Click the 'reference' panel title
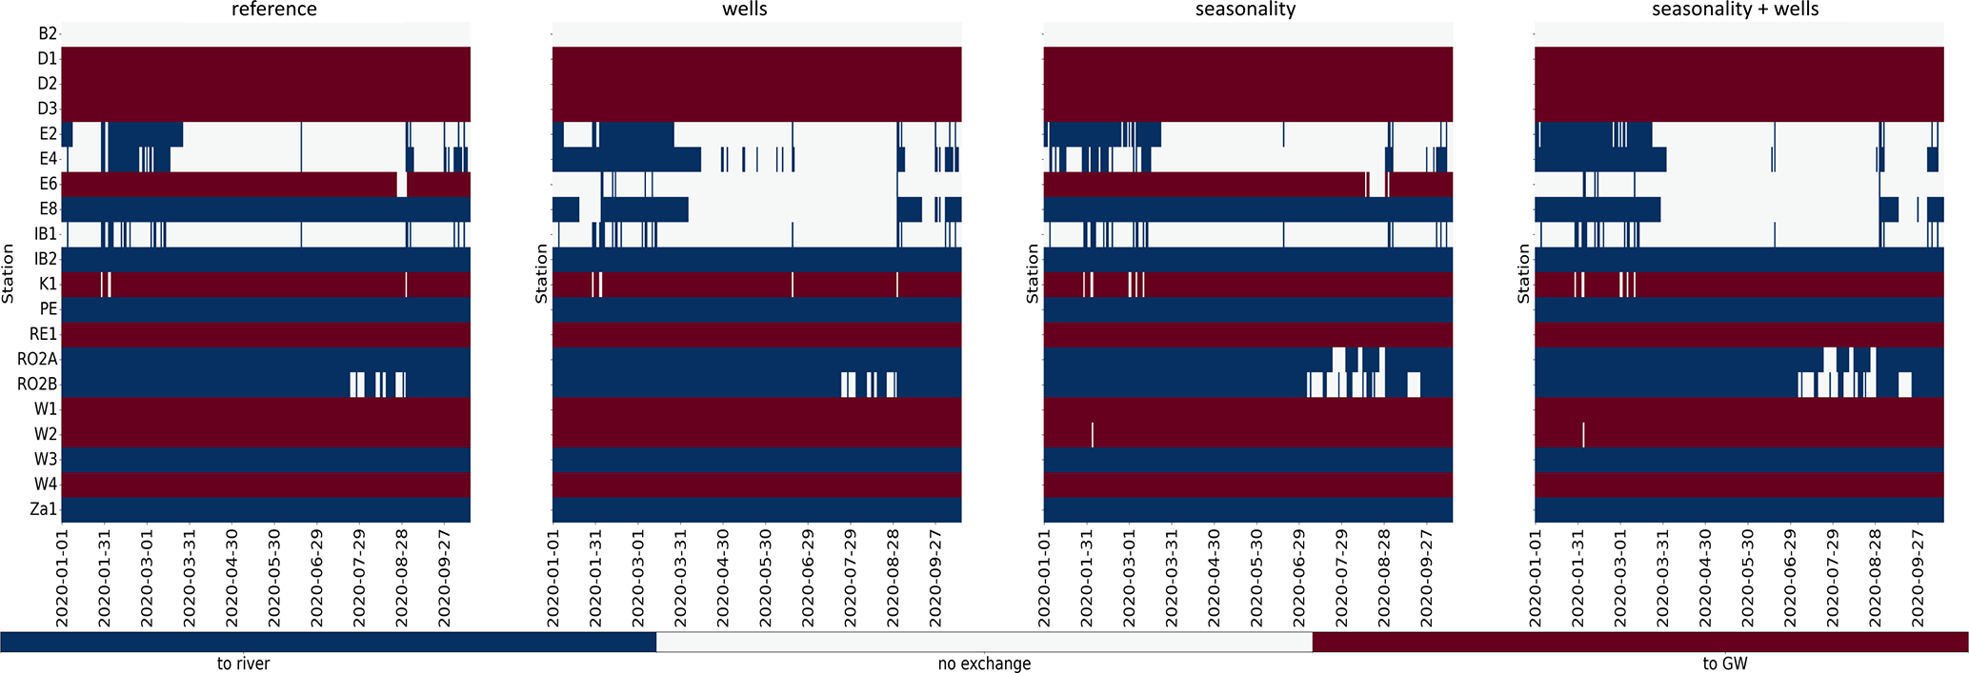[x=274, y=10]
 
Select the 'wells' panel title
[x=745, y=10]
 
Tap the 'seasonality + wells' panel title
[x=1736, y=10]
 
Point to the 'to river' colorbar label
[x=243, y=663]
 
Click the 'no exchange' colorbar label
[x=984, y=663]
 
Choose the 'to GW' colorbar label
[x=1725, y=663]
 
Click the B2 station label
[x=48, y=34]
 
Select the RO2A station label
[x=38, y=359]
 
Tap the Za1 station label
[x=44, y=509]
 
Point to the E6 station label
[x=48, y=184]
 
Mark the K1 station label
[x=48, y=284]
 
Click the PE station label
[x=48, y=309]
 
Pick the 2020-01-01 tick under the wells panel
[x=553, y=577]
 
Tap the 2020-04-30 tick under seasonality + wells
[x=1705, y=577]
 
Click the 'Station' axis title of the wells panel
[x=542, y=273]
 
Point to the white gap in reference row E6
[x=402, y=184]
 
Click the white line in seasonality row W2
[x=1092, y=434]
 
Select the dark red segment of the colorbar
[x=1639, y=642]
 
